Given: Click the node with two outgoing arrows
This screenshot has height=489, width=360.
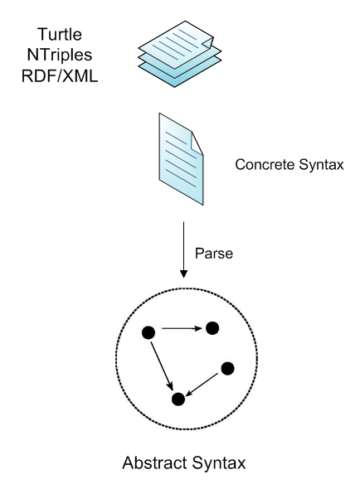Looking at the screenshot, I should (x=149, y=332).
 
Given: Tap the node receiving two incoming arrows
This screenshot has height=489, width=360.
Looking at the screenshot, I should (x=177, y=399).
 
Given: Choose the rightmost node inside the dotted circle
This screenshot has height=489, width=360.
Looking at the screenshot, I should (x=228, y=368).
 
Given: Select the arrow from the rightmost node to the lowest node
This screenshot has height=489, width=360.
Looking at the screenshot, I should (x=203, y=384).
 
